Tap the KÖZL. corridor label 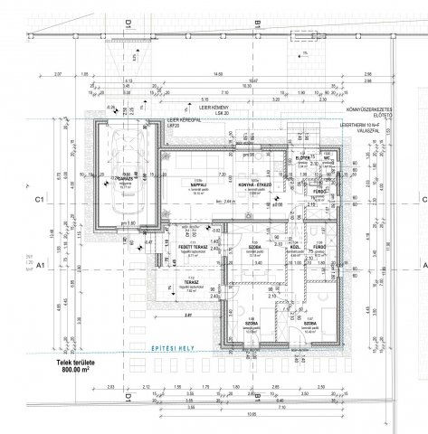(294, 248)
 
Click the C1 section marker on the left (39, 198)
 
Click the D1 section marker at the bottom (129, 399)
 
